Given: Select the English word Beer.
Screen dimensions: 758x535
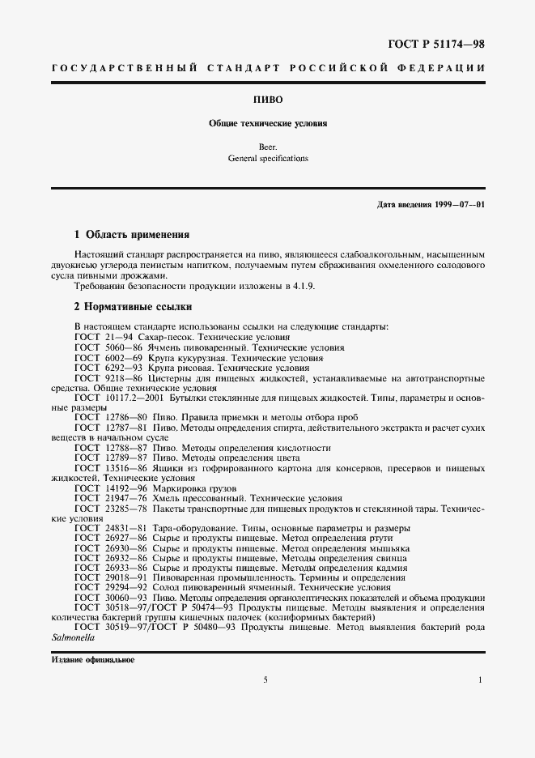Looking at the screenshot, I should click(267, 148).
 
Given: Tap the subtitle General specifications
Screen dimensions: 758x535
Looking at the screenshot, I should click(267, 160).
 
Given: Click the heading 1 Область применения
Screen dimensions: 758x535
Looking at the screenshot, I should click(131, 235).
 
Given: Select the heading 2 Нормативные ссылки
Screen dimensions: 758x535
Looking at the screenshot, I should click(132, 308).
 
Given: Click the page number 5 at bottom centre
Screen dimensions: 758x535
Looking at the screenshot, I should click(265, 679).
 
